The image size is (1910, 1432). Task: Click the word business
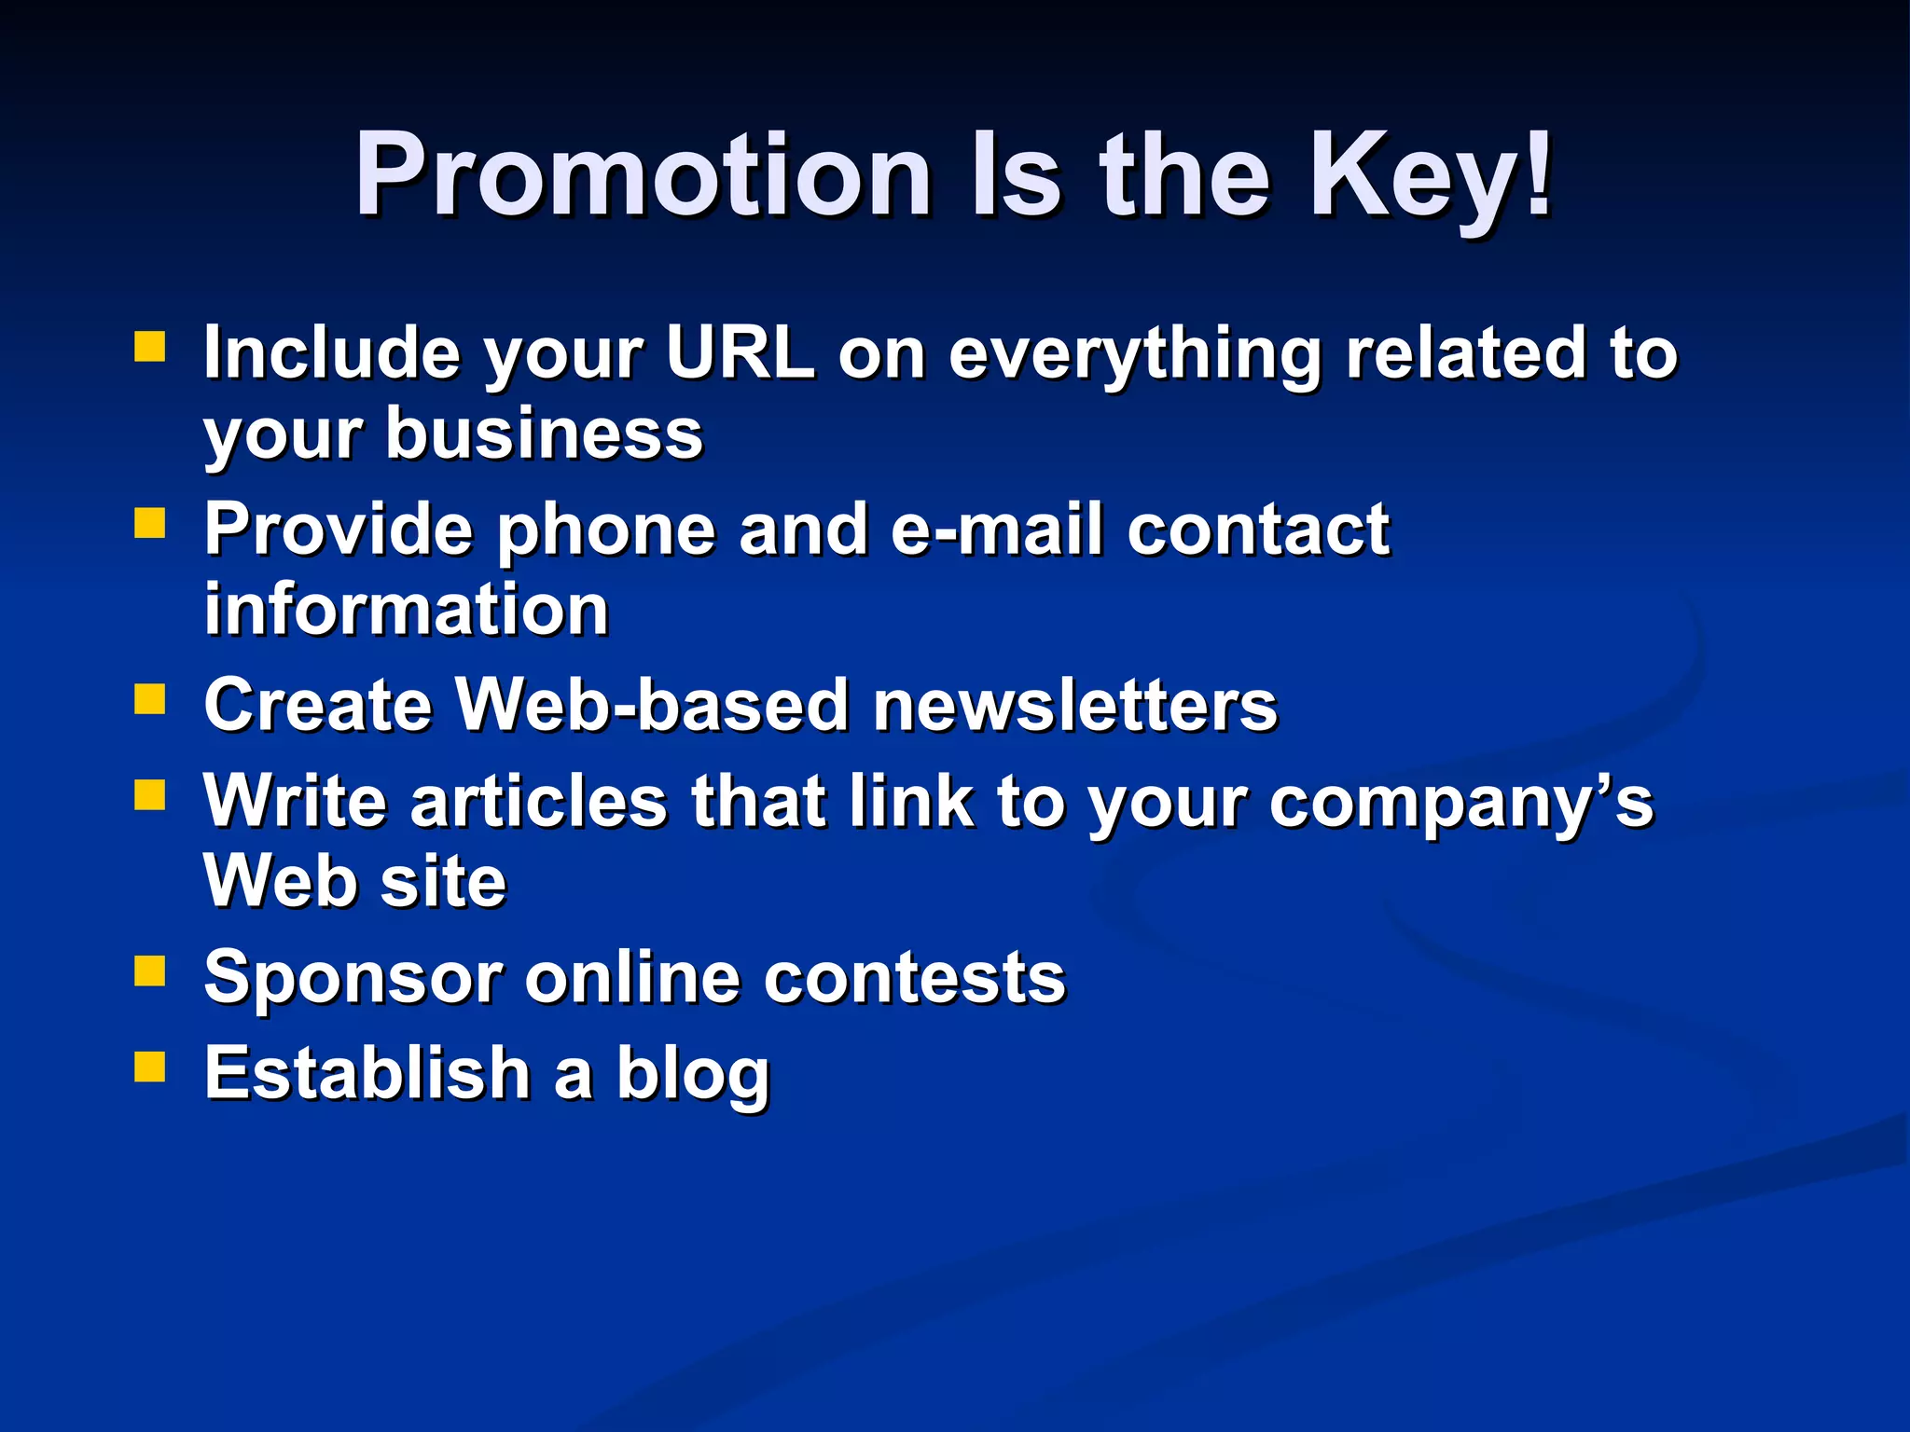545,434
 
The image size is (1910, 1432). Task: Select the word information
407,610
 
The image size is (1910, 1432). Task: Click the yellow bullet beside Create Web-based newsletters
149,698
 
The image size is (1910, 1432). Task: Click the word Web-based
652,705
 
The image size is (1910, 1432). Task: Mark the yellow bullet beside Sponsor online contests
149,971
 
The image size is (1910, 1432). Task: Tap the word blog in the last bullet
692,1075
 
